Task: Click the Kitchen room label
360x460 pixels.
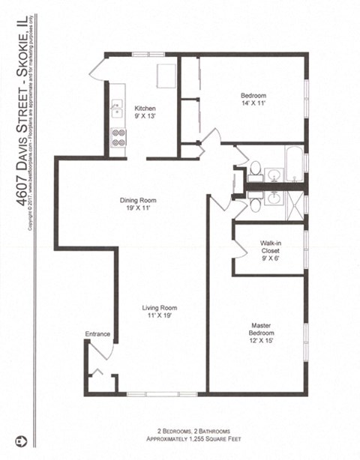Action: (145, 108)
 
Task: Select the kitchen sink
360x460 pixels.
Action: (116, 109)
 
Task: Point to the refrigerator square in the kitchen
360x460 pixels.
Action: (166, 75)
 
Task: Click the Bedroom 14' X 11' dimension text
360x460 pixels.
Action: (251, 105)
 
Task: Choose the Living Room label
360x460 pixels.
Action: (161, 307)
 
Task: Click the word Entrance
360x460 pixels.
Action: (97, 333)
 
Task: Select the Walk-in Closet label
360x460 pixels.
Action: (271, 246)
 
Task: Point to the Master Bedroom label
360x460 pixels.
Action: (260, 329)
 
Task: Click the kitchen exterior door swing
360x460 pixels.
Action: (97, 69)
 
